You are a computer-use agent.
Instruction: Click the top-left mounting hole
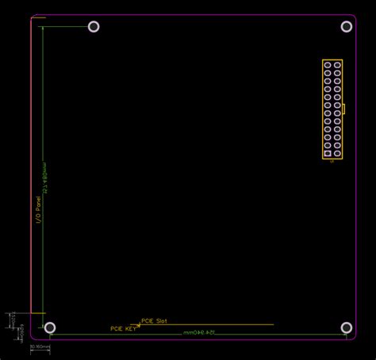pos(94,26)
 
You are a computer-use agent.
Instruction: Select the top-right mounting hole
pos(346,26)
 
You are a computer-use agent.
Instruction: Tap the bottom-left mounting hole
pos(50,327)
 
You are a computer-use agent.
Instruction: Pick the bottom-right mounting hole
pos(346,327)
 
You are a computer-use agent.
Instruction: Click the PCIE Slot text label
pos(154,321)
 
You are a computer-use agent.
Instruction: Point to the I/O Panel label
pos(37,209)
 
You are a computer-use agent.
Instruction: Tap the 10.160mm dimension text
pos(40,347)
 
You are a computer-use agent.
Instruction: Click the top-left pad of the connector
pos(327,65)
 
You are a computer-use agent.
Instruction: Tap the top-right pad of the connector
pos(337,65)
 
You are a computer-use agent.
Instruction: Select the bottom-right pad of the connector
pos(337,153)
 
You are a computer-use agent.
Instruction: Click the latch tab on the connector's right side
pos(344,109)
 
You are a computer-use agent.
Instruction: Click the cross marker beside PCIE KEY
pos(140,325)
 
